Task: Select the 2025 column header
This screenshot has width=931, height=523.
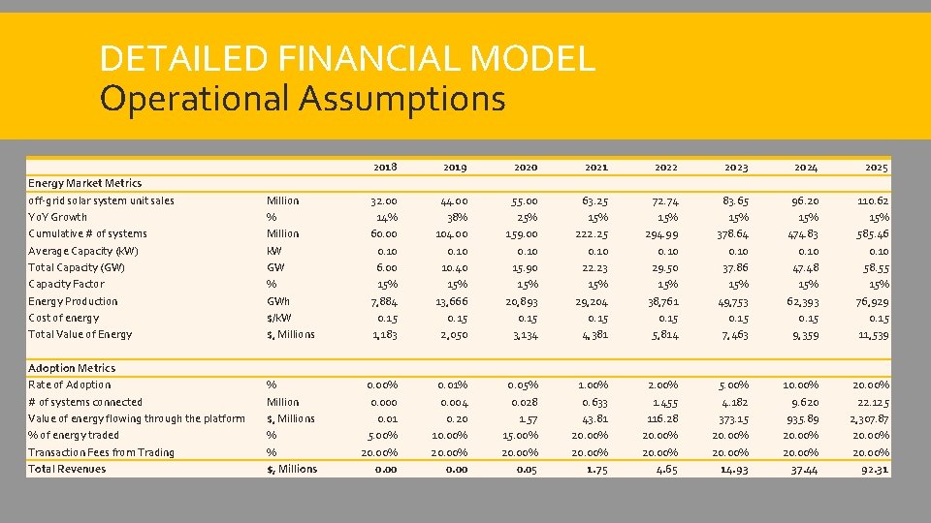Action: tap(876, 167)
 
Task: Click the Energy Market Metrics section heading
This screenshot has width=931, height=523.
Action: tap(84, 183)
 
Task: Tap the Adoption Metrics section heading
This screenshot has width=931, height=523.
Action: tap(72, 368)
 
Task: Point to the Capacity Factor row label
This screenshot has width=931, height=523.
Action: tap(66, 284)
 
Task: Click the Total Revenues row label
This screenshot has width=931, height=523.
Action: tap(67, 469)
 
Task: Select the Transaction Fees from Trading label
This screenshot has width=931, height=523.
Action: tap(101, 452)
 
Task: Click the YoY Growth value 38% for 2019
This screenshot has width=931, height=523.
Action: tap(456, 217)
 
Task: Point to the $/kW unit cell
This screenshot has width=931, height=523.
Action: tap(281, 318)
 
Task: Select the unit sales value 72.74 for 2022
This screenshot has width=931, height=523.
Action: tap(665, 200)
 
